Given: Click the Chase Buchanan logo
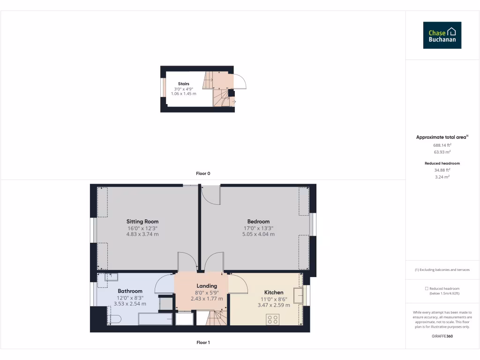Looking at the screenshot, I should (442, 35).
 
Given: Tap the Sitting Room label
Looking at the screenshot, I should (142, 221).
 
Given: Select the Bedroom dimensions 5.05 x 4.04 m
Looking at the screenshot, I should (258, 234).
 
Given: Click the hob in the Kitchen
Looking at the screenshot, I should (273, 319).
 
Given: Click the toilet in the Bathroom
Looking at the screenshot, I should (114, 320).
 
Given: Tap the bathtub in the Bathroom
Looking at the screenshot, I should (155, 319).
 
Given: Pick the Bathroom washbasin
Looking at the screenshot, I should (111, 277).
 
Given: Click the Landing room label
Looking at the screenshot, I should (207, 285).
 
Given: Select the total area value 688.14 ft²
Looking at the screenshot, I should (442, 145).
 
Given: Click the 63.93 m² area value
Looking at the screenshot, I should (442, 152).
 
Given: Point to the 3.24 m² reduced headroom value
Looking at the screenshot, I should (442, 177).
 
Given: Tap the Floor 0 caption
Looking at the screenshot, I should (203, 173).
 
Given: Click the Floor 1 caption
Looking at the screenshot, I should (203, 343).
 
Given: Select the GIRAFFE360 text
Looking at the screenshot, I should (442, 336).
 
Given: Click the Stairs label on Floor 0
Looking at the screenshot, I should (184, 84).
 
